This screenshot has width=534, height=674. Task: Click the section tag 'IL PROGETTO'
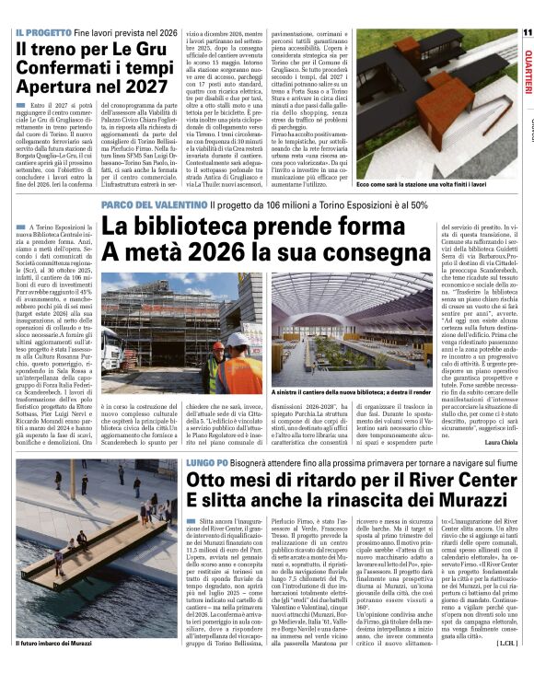point(43,32)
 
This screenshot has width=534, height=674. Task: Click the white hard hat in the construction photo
point(238,341)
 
